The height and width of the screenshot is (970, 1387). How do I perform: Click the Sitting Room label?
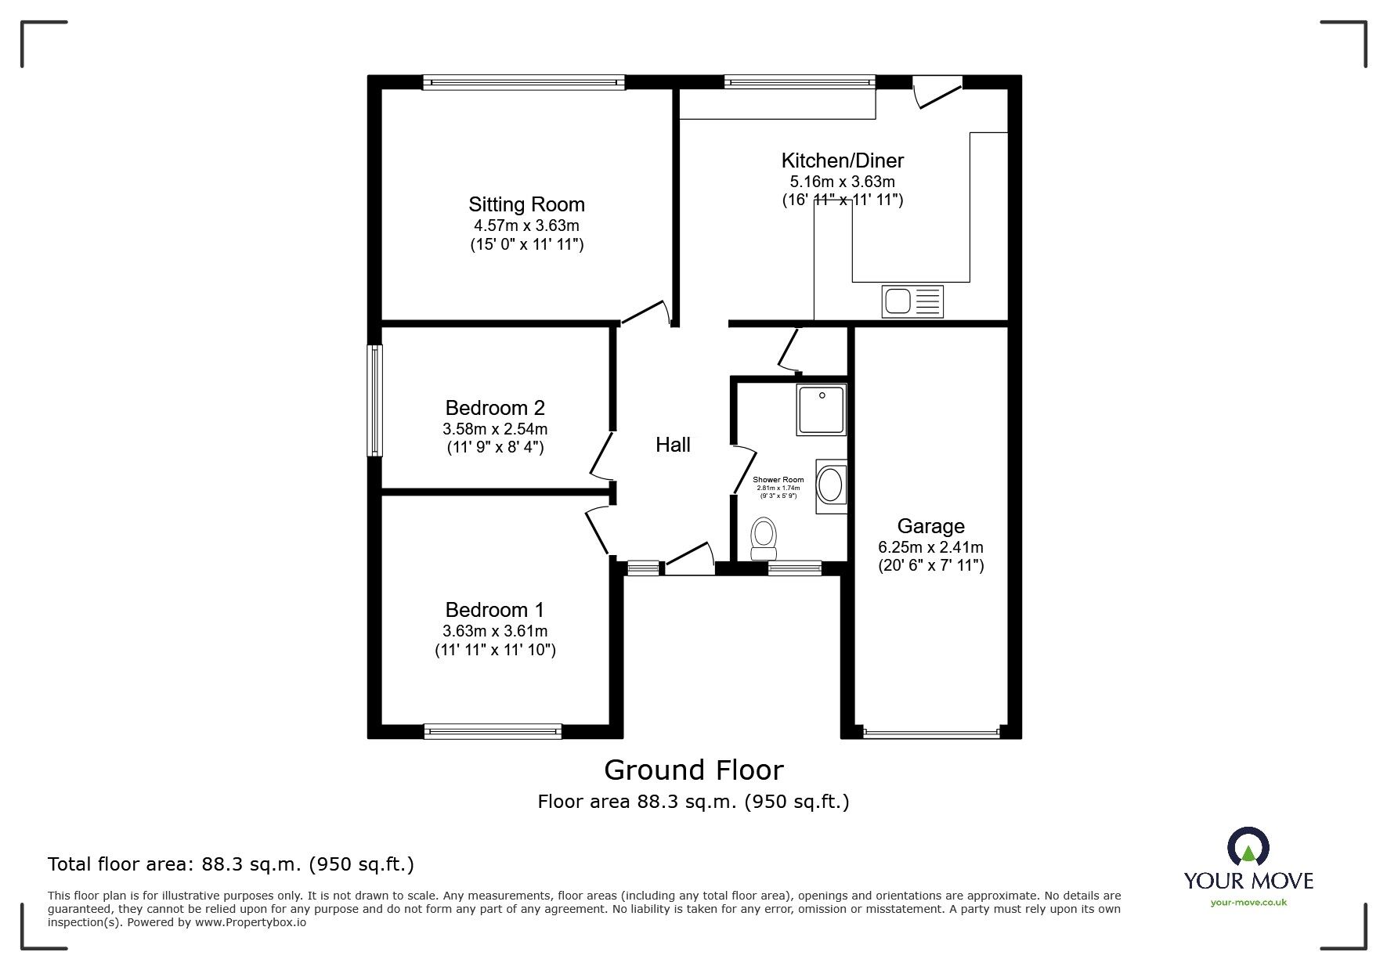(526, 204)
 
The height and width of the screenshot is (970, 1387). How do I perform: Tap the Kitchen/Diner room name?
(842, 160)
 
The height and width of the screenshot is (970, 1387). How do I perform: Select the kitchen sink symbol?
(912, 301)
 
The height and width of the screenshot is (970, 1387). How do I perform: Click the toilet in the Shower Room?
(763, 539)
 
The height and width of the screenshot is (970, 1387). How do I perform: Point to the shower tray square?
(821, 409)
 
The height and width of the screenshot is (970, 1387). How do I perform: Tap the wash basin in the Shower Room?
(830, 486)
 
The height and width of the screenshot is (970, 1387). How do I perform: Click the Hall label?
(673, 445)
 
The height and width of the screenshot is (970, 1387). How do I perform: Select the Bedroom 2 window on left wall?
(376, 401)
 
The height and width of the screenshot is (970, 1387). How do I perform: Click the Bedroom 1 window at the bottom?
(493, 731)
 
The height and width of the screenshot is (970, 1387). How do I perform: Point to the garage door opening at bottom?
(931, 733)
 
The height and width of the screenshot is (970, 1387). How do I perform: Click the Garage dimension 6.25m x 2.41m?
(930, 547)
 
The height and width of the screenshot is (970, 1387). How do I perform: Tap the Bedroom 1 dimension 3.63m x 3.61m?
(495, 631)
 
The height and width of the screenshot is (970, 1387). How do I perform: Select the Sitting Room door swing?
(647, 312)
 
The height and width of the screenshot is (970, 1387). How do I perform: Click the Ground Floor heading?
(693, 770)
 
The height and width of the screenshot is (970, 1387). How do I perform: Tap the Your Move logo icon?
(1247, 848)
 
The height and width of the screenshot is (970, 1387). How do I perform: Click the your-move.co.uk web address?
(1248, 903)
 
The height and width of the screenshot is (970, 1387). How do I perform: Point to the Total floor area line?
(231, 864)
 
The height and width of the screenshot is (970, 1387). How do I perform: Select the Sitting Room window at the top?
(523, 81)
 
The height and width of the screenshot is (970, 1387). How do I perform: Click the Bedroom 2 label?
(495, 408)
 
